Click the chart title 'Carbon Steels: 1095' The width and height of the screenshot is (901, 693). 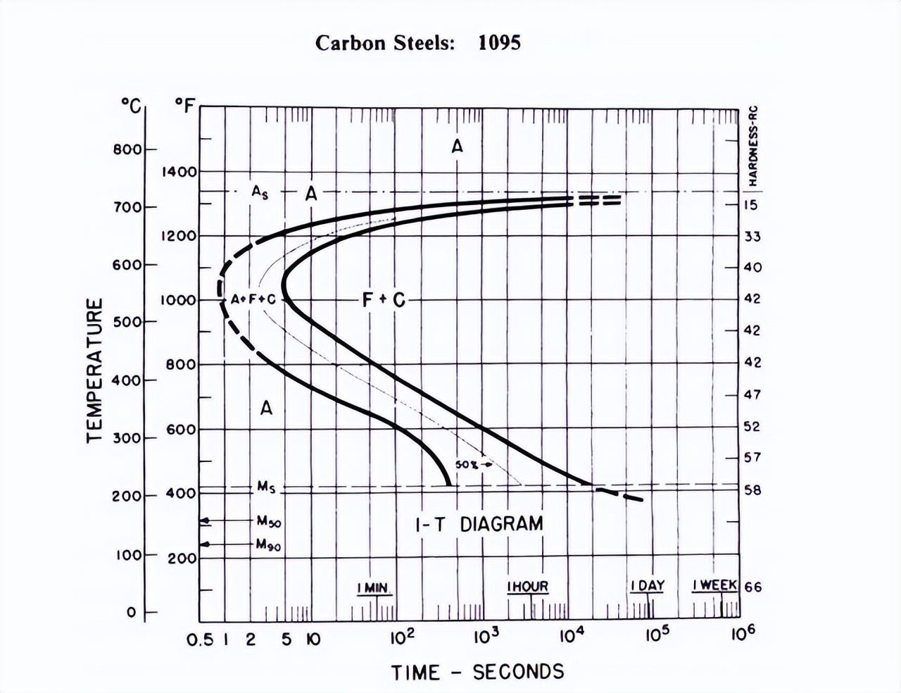pyautogui.click(x=418, y=43)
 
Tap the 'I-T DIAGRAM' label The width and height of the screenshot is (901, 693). pyautogui.click(x=479, y=524)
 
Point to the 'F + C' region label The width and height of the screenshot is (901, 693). pyautogui.click(x=384, y=300)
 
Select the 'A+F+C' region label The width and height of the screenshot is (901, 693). pyautogui.click(x=253, y=299)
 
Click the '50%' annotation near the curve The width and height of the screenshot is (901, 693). pyautogui.click(x=467, y=465)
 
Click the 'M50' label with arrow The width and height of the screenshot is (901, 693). pyautogui.click(x=269, y=521)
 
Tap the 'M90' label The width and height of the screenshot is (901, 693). pyautogui.click(x=269, y=544)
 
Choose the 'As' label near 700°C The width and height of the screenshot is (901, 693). pyautogui.click(x=260, y=192)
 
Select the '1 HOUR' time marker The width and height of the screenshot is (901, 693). pyautogui.click(x=528, y=587)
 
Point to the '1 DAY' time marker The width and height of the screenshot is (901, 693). pyautogui.click(x=647, y=586)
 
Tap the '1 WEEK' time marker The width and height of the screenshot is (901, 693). pyautogui.click(x=714, y=586)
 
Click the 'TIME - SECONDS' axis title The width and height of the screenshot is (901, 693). pyautogui.click(x=478, y=672)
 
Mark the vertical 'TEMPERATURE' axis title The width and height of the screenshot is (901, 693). pyautogui.click(x=95, y=370)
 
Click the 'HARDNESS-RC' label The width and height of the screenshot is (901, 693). pyautogui.click(x=753, y=146)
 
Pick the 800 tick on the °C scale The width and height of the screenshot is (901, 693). pyautogui.click(x=127, y=149)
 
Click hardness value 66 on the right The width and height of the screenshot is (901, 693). pyautogui.click(x=752, y=587)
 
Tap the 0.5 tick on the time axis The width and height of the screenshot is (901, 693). pyautogui.click(x=200, y=639)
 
